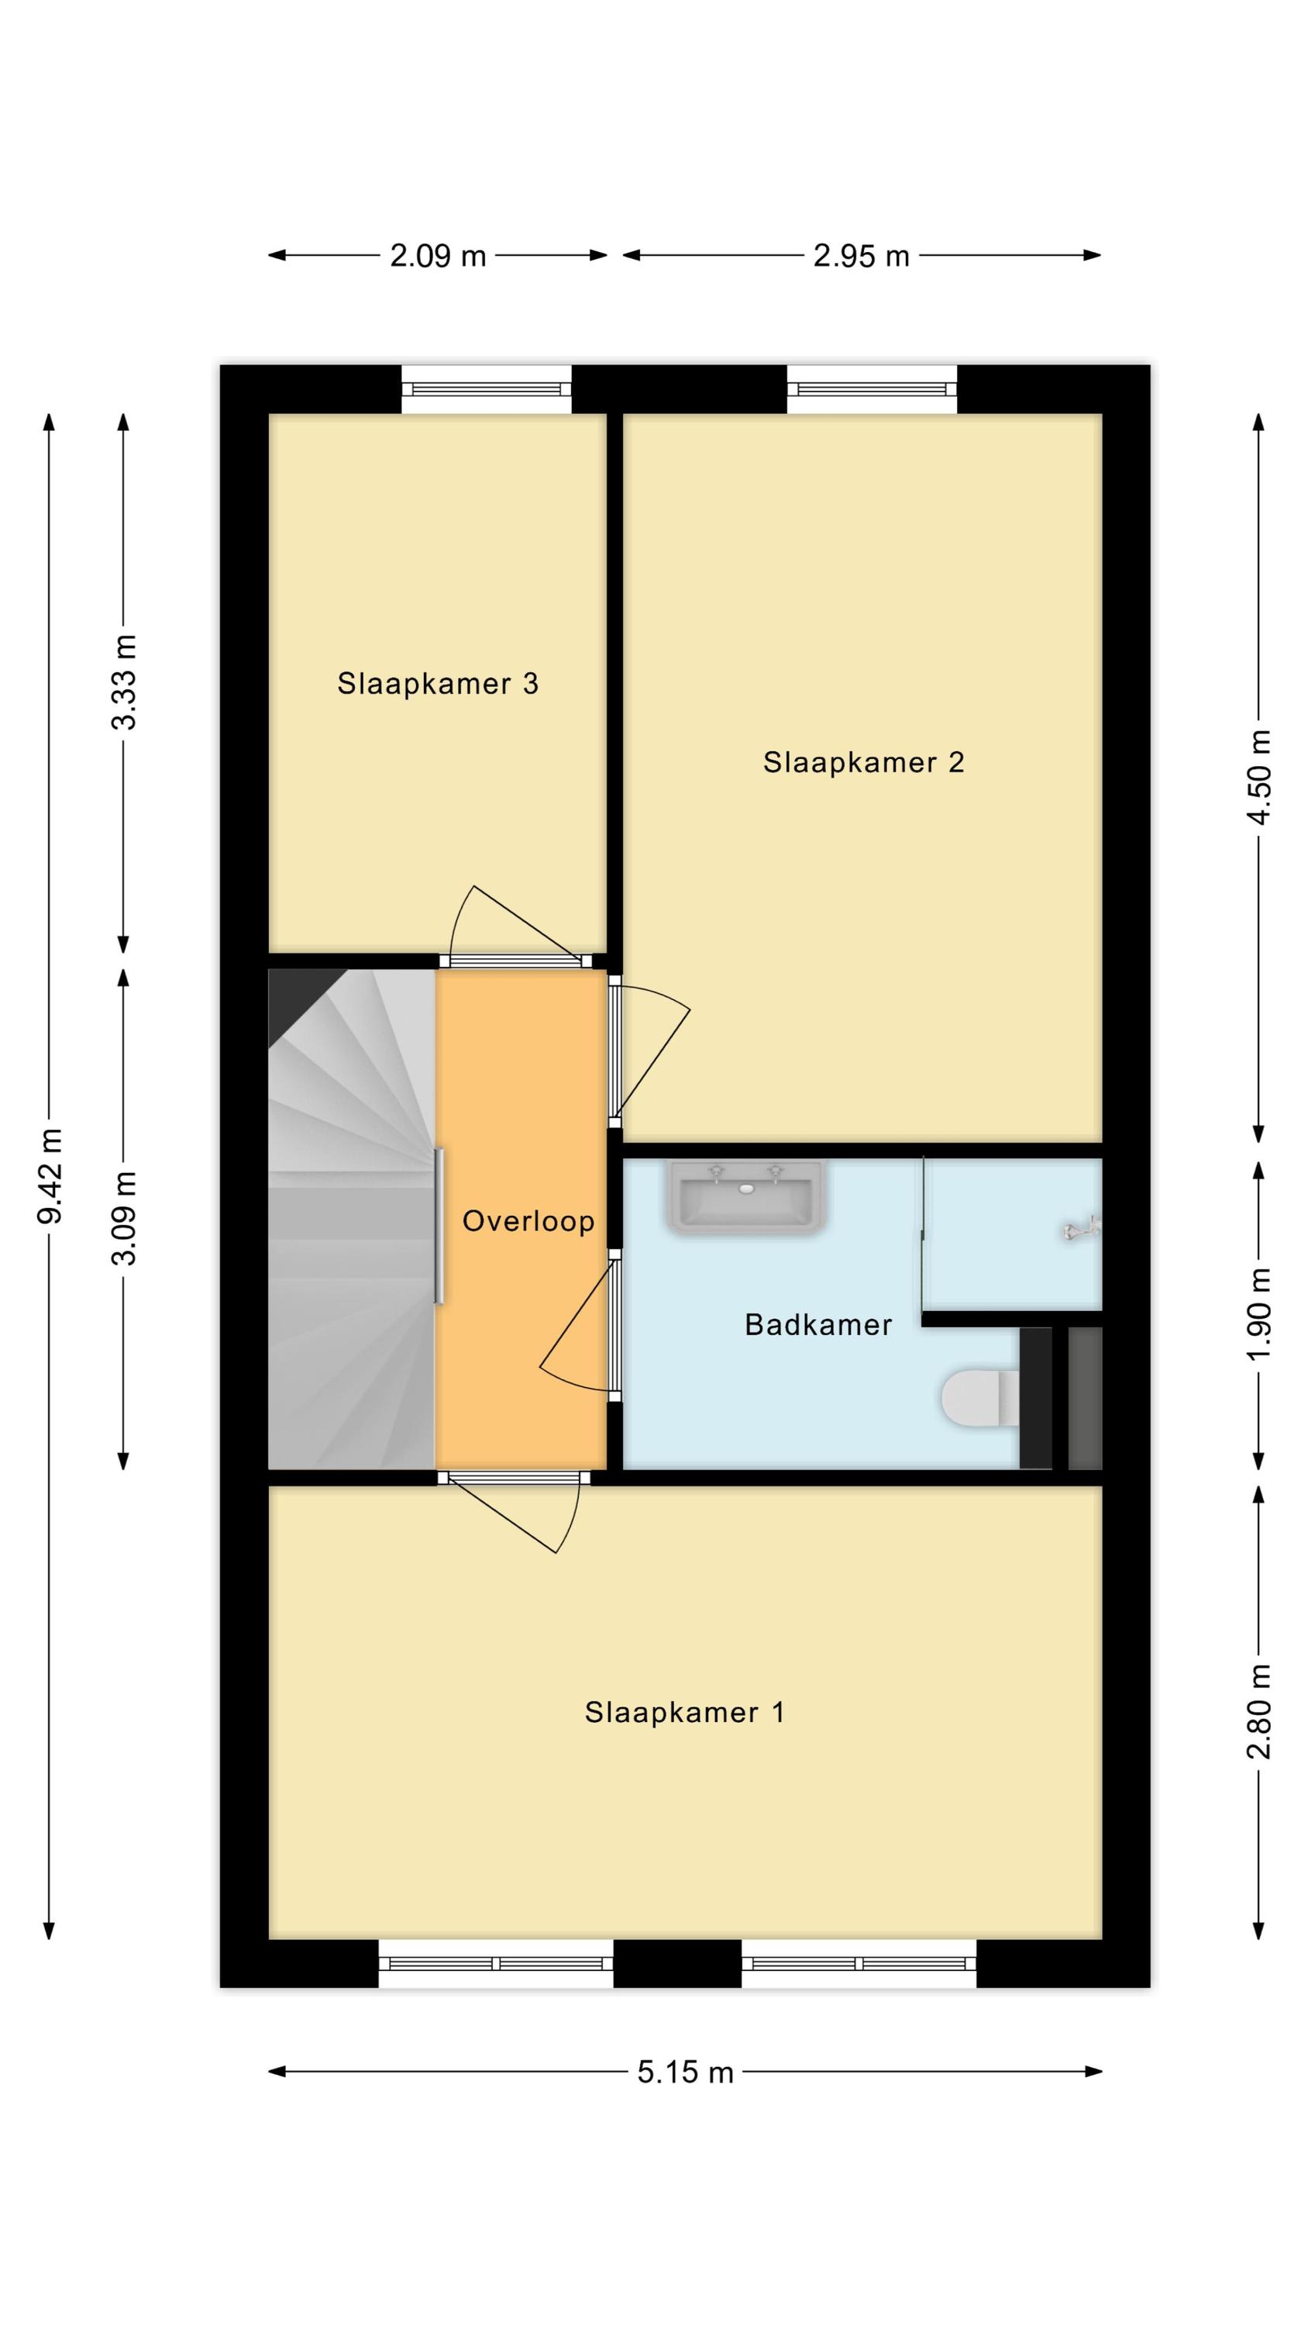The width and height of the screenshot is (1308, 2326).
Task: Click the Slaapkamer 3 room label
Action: pyautogui.click(x=437, y=684)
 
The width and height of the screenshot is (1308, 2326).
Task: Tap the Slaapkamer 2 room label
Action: pyautogui.click(x=863, y=762)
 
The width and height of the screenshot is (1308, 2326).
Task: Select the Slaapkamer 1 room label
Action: pyautogui.click(x=684, y=1712)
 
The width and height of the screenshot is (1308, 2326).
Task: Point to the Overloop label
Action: pyautogui.click(x=528, y=1221)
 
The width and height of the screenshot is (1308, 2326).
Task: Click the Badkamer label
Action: pyautogui.click(x=817, y=1324)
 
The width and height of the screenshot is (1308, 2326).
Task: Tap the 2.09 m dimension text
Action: pyautogui.click(x=438, y=257)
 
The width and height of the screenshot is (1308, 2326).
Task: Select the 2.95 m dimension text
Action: pyautogui.click(x=860, y=257)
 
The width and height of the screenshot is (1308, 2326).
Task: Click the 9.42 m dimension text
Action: pyautogui.click(x=50, y=1175)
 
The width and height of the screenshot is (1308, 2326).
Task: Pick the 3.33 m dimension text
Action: pyautogui.click(x=124, y=682)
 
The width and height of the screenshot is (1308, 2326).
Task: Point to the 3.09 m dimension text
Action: pyautogui.click(x=124, y=1218)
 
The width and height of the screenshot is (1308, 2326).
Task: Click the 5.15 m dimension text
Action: pyautogui.click(x=685, y=2072)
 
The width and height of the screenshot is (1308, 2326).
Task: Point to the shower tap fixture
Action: pyautogui.click(x=1083, y=1229)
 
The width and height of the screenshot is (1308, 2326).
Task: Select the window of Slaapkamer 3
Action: pyautogui.click(x=487, y=389)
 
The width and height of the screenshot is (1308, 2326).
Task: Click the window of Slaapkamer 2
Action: pyautogui.click(x=871, y=389)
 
